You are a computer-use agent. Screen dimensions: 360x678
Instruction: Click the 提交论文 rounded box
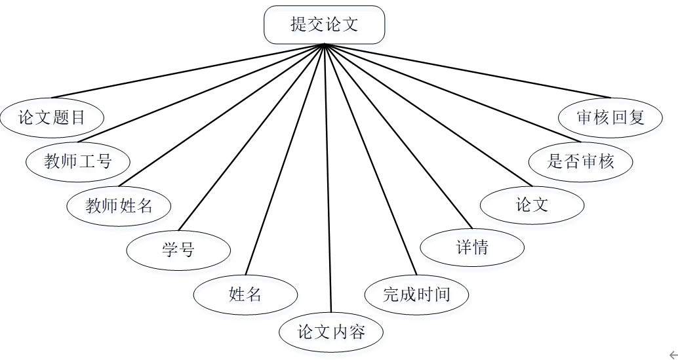[324, 25]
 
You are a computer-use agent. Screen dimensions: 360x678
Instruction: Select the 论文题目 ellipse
[52, 118]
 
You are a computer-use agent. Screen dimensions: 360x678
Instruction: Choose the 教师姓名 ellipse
[119, 206]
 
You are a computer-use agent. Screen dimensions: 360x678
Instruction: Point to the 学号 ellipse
[178, 250]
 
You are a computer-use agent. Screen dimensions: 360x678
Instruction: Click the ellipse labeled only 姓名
[245, 294]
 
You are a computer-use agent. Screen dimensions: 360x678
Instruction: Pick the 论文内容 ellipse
[331, 332]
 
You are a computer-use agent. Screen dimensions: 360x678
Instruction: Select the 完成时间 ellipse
[416, 294]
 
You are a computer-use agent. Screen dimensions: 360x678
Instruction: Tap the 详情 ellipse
[471, 248]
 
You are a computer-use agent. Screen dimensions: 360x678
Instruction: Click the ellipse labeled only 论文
[532, 205]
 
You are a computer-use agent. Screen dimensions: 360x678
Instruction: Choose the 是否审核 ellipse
[581, 161]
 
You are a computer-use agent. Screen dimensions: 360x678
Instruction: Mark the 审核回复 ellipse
[610, 117]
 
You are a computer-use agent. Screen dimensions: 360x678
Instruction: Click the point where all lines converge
[324, 45]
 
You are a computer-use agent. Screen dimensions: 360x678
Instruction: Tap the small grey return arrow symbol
[672, 355]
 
